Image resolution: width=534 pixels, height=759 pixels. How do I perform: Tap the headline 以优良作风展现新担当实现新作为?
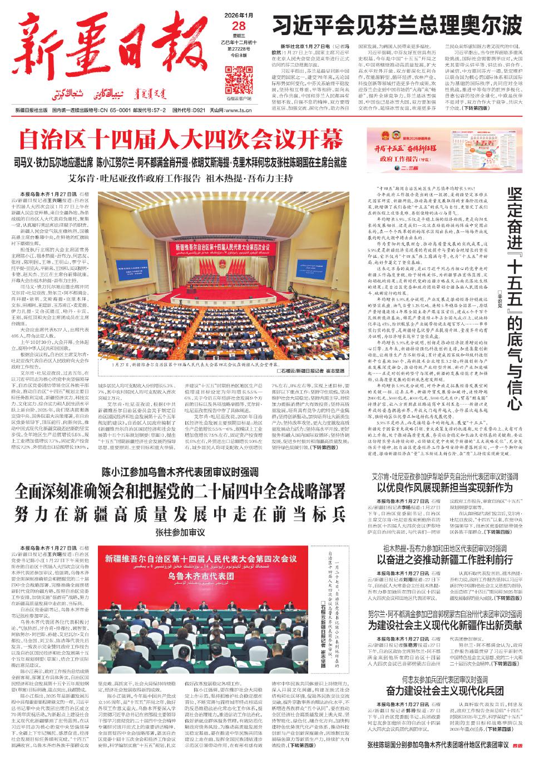(445, 488)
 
